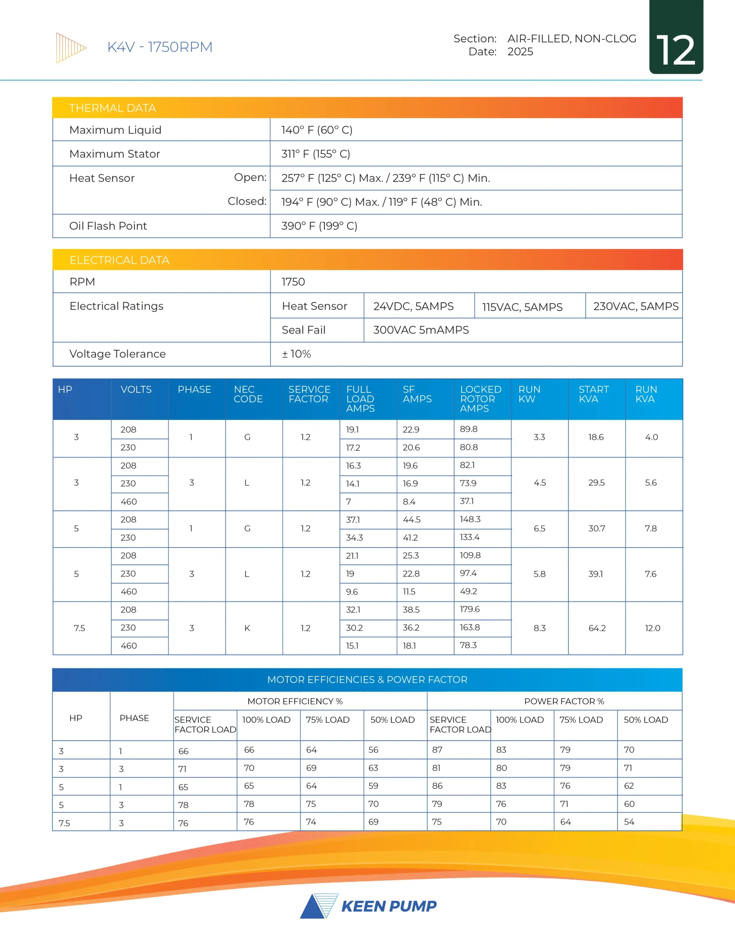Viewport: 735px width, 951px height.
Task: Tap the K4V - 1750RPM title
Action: coord(159,47)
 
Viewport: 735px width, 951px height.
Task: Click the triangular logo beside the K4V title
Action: coord(71,48)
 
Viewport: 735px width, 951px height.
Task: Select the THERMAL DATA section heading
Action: coord(113,108)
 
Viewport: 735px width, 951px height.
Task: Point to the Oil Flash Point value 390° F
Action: coord(319,226)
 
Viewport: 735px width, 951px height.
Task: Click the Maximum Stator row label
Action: coord(114,154)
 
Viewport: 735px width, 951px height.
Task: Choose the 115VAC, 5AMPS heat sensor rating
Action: coord(522,307)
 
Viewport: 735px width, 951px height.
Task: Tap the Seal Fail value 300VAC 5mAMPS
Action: coord(421,330)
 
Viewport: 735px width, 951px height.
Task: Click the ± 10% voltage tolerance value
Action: coord(296,354)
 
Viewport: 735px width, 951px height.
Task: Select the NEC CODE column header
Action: coord(248,394)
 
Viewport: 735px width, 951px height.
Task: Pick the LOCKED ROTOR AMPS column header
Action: coord(480,399)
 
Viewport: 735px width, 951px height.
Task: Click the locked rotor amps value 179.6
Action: coord(470,609)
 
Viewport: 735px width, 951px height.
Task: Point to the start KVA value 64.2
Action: coord(596,628)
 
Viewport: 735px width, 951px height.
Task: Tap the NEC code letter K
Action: coord(247,628)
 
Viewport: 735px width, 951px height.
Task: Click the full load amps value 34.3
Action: coord(354,538)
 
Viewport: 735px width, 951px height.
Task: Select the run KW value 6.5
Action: coord(540,528)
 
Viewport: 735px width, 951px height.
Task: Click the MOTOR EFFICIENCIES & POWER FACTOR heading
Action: coord(367,680)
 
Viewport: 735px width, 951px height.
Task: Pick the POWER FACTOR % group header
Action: coord(564,701)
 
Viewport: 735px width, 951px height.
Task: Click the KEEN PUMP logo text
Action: coord(388,906)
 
